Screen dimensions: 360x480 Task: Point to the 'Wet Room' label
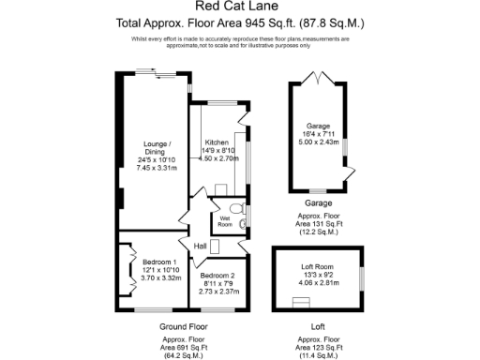pos(225,221)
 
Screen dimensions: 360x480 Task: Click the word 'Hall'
pos(200,246)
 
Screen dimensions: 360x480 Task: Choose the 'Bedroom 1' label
pos(153,262)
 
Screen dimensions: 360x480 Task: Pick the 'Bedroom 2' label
pos(222,275)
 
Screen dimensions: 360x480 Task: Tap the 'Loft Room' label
pos(313,266)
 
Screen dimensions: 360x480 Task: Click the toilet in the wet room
pos(240,210)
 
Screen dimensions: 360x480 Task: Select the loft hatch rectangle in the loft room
pos(301,301)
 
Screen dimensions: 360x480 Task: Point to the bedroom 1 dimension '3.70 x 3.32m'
pos(153,278)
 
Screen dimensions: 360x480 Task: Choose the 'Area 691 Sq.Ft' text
pos(184,347)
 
